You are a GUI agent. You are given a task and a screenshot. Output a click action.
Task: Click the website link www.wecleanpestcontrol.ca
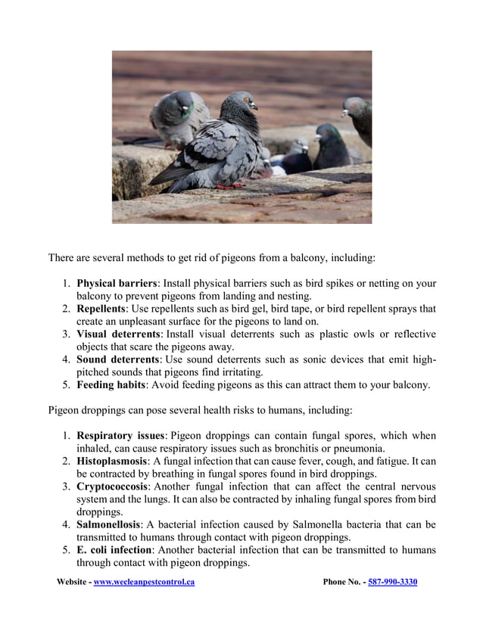[144, 582]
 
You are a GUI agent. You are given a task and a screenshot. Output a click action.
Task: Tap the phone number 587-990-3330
[392, 582]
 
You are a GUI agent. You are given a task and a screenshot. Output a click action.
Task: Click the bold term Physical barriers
[117, 284]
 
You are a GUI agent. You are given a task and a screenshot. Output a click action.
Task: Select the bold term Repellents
[101, 309]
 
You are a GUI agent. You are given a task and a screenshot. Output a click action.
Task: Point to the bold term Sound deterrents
[117, 359]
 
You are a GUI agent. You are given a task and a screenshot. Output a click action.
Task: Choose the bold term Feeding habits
[111, 384]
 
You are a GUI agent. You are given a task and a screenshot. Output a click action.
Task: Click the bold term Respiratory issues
[120, 436]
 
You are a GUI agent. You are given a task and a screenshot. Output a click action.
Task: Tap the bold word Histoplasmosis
[111, 461]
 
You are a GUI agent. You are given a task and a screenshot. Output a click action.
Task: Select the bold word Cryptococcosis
[111, 487]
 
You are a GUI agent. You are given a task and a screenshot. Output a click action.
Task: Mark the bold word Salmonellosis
[108, 524]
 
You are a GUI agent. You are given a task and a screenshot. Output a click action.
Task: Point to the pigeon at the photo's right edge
[359, 117]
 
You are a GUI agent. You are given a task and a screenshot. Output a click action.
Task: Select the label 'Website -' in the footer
[74, 582]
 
